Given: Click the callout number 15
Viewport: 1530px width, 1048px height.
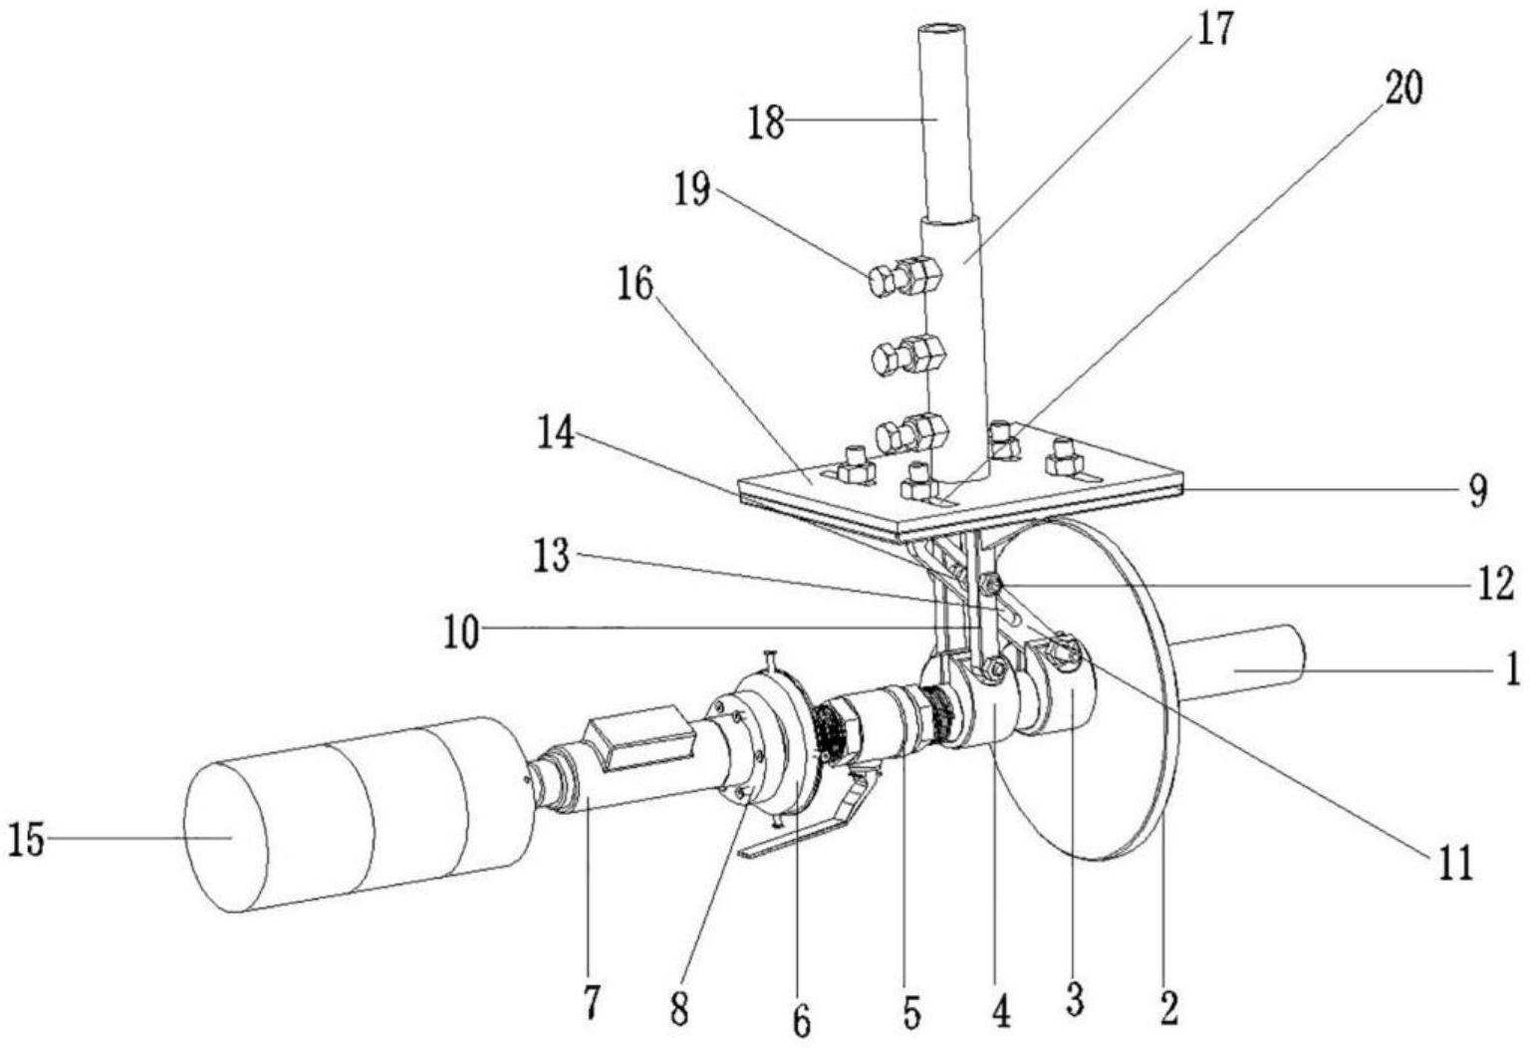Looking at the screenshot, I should pyautogui.click(x=26, y=842).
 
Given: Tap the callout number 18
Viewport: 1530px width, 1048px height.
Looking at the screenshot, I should pyautogui.click(x=765, y=126).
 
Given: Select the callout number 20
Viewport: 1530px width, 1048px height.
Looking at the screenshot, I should pyautogui.click(x=1403, y=89).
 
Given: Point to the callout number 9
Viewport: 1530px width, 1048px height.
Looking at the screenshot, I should pyautogui.click(x=1477, y=490).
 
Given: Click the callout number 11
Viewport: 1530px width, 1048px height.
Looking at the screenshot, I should pyautogui.click(x=1456, y=864).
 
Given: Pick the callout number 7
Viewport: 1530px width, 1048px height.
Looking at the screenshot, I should pyautogui.click(x=592, y=1001).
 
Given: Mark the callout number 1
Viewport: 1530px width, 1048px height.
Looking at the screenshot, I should pyautogui.click(x=1512, y=668).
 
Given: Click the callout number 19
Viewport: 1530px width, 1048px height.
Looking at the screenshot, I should pyautogui.click(x=690, y=189).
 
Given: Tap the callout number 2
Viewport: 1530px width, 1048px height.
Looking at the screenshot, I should pyautogui.click(x=1168, y=1007).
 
